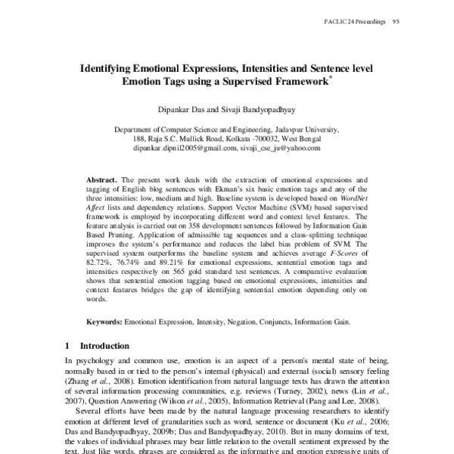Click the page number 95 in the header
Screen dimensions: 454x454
click(395, 20)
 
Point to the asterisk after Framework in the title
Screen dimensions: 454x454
click(334, 77)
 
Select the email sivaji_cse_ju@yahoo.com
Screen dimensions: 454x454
click(280, 148)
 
